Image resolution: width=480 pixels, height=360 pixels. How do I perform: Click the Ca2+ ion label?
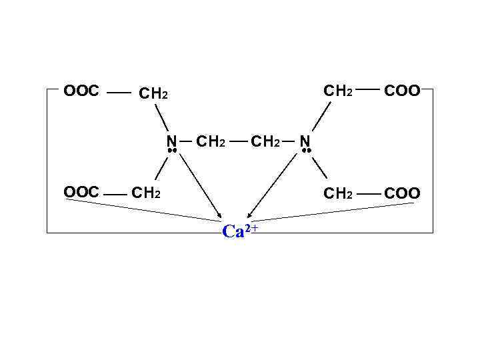point(239,231)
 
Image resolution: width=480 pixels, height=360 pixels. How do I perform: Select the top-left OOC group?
point(81,91)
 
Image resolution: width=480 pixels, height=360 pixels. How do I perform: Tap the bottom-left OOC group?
point(81,193)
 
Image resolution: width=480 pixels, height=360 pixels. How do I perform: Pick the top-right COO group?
point(402,91)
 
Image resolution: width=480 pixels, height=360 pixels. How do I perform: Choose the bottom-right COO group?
point(402,193)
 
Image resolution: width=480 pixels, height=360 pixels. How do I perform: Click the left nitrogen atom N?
point(171,141)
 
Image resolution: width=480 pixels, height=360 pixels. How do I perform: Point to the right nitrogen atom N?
point(305,141)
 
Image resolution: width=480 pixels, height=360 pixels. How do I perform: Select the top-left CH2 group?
point(152,94)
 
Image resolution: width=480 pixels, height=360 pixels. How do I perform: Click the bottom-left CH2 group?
point(144,193)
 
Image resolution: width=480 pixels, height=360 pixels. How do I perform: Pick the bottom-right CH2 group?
point(337,193)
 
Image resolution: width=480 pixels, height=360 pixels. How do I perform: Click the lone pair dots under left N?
point(171,152)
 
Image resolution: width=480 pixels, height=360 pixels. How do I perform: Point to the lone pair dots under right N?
point(306,152)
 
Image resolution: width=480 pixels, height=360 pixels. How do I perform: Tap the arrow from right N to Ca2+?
point(273,187)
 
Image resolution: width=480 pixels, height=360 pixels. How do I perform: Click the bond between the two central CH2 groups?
point(239,141)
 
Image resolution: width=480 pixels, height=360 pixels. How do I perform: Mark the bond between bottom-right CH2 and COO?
point(368,193)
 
